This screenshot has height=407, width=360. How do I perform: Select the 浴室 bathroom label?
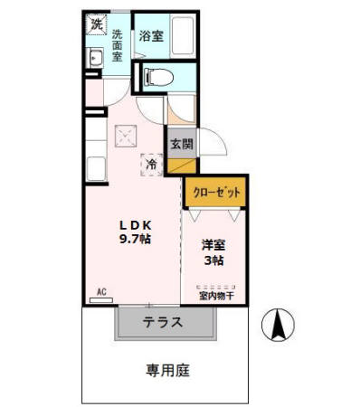click(151, 37)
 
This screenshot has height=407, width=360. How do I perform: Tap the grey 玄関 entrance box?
click(180, 143)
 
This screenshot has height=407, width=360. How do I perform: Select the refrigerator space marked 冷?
click(152, 166)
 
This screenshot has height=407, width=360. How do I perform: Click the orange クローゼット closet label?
click(215, 192)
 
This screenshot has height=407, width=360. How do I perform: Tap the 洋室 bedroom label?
click(213, 244)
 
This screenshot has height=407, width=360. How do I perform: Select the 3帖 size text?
click(213, 260)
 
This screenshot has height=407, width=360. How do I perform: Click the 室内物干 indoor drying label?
click(216, 295)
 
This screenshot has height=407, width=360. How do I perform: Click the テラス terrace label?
click(163, 322)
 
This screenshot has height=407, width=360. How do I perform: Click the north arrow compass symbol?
click(278, 325)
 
